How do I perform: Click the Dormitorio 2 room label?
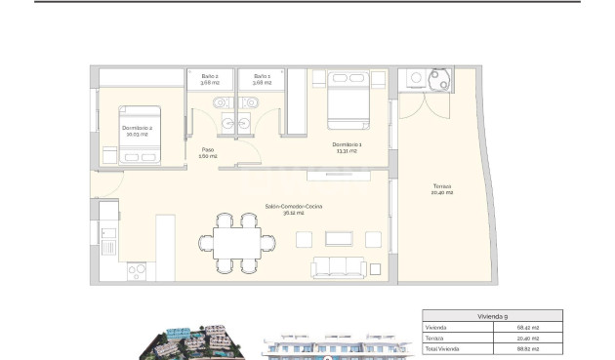(x=137, y=130)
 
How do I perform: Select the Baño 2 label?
(x=210, y=79)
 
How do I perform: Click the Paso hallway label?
(x=208, y=153)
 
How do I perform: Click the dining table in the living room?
(x=231, y=240)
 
